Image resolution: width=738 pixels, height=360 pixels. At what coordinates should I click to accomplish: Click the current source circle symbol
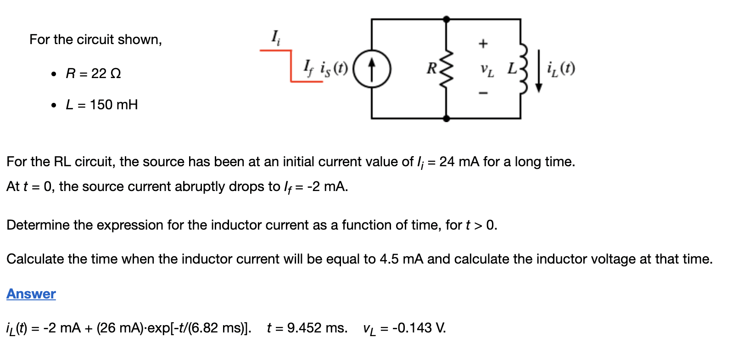372,69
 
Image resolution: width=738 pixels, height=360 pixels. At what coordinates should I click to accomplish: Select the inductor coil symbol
522,69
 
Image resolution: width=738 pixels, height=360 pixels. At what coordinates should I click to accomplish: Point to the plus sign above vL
483,44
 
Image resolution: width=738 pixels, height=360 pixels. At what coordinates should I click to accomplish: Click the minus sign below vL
483,93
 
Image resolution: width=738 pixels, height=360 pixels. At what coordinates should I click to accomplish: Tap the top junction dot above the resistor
447,19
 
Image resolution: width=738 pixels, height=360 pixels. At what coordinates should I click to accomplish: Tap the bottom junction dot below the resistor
447,118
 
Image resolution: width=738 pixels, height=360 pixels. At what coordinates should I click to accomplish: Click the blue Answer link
31,294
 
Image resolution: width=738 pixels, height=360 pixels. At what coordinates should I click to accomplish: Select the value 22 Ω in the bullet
106,73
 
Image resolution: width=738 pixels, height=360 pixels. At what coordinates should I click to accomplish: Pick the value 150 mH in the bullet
114,105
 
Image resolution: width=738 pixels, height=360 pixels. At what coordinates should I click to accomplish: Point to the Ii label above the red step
275,37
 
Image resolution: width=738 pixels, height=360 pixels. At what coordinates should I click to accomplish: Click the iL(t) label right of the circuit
561,69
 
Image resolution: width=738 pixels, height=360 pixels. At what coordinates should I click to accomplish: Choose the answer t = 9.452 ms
307,328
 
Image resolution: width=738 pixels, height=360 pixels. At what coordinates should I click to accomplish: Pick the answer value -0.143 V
419,328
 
